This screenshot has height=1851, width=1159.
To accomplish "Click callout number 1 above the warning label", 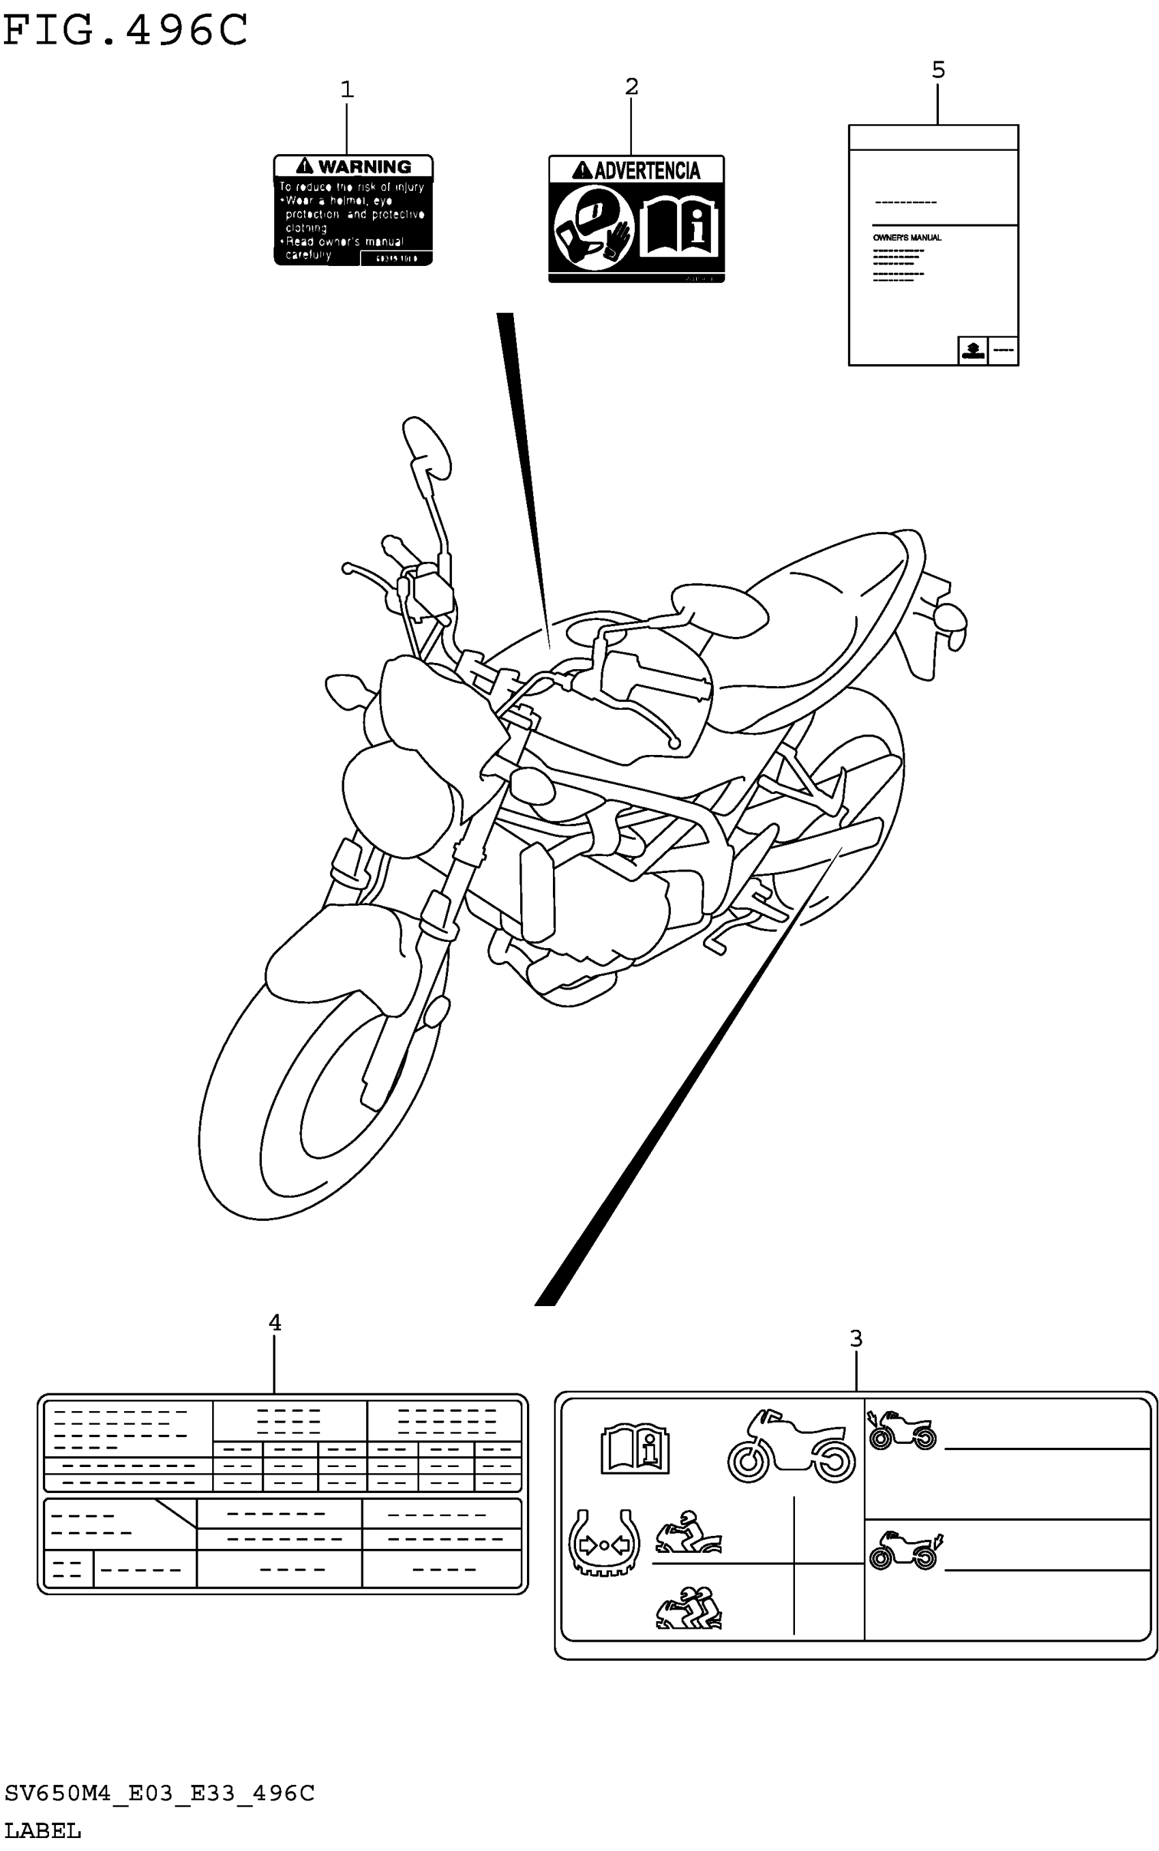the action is [346, 90].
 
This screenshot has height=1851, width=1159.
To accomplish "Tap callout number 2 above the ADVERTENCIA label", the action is [631, 87].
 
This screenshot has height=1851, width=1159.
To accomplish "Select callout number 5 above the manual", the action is [938, 70].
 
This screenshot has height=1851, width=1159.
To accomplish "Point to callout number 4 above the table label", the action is [275, 1322].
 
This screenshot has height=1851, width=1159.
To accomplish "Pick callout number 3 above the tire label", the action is [856, 1339].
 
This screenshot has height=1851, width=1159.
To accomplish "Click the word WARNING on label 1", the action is [364, 166].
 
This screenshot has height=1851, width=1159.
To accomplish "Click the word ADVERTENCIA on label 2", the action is [646, 171].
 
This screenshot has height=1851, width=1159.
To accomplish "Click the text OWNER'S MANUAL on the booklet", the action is [907, 238].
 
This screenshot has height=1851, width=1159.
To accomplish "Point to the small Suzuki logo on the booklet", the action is [973, 351].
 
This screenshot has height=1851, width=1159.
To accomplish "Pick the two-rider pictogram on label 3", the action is [689, 1607].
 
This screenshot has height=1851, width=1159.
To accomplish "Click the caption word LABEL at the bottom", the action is [43, 1831].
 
